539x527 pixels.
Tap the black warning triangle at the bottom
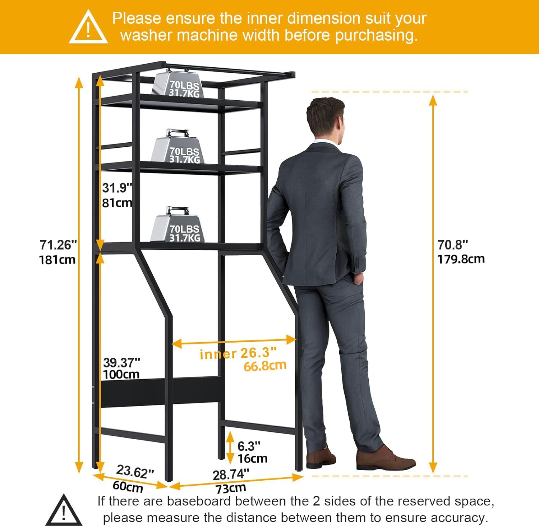[x=64, y=510]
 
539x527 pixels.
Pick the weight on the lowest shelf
[x=178, y=225]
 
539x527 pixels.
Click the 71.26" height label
[x=58, y=245]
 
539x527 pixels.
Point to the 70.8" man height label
[x=453, y=245]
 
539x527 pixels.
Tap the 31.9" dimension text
[x=117, y=188]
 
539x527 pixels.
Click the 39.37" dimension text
[x=121, y=362]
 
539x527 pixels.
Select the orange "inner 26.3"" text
[x=238, y=353]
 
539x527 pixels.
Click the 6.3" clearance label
[x=249, y=446]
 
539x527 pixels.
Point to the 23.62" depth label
[x=135, y=471]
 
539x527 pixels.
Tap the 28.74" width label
[x=231, y=475]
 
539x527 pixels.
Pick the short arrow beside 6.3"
[x=230, y=448]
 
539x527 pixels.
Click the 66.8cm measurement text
[x=265, y=366]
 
